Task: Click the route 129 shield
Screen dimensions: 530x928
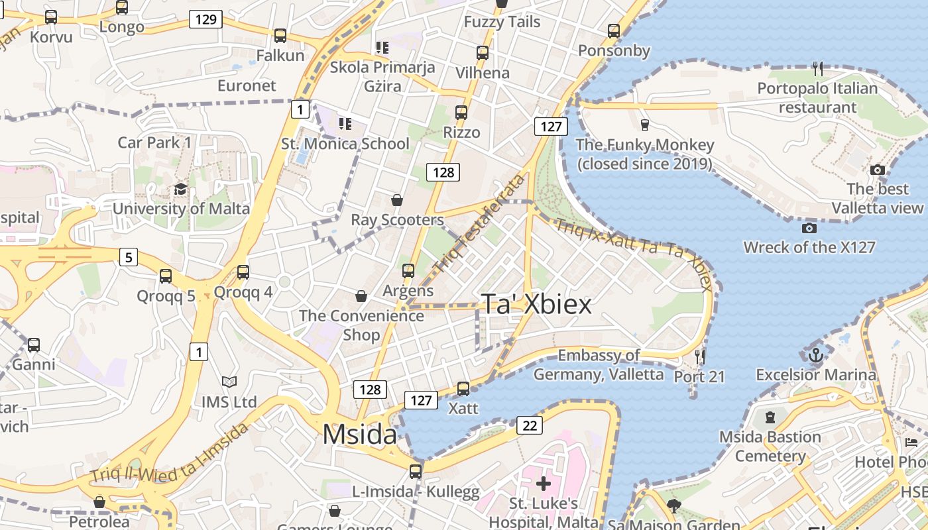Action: pyautogui.click(x=205, y=19)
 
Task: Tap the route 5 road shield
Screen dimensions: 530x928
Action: pyautogui.click(x=129, y=256)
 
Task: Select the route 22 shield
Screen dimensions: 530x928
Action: pyautogui.click(x=530, y=425)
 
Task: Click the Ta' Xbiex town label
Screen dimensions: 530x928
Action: pyautogui.click(x=536, y=304)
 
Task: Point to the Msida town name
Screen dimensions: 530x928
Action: pyautogui.click(x=359, y=435)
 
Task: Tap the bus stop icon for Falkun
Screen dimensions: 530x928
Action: pyautogui.click(x=280, y=36)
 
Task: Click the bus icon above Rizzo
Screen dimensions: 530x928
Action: pyautogui.click(x=461, y=113)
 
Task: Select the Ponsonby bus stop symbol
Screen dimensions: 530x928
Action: pyautogui.click(x=614, y=31)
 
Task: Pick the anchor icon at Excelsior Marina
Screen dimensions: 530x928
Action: pyautogui.click(x=816, y=355)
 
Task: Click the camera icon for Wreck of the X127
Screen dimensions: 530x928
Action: pyautogui.click(x=809, y=229)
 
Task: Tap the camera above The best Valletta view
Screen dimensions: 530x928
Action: pyautogui.click(x=878, y=170)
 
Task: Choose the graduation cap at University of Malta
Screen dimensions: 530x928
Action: pyautogui.click(x=180, y=189)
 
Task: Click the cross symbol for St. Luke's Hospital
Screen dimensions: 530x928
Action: pyautogui.click(x=544, y=484)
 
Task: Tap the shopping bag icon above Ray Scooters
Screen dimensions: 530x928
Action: pyautogui.click(x=397, y=200)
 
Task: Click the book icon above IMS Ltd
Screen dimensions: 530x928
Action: pyautogui.click(x=229, y=382)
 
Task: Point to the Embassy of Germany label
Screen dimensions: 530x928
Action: pyautogui.click(x=599, y=365)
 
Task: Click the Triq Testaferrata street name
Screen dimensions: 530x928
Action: pyautogui.click(x=479, y=225)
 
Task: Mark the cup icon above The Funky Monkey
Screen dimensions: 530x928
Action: pyautogui.click(x=644, y=125)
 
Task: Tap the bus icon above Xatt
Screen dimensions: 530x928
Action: pyautogui.click(x=463, y=388)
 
